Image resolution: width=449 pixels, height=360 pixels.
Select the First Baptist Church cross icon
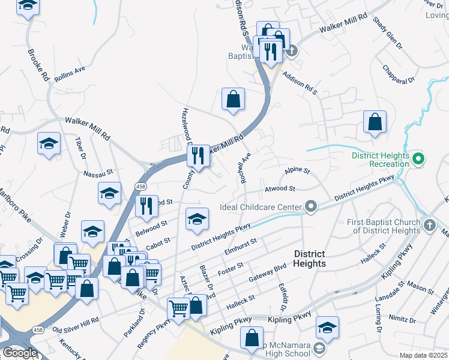[x=429, y=225]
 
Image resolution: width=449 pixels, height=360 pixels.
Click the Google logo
[x=20, y=352]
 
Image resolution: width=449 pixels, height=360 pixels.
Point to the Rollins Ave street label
[x=70, y=74]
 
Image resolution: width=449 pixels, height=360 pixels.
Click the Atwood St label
[x=280, y=189]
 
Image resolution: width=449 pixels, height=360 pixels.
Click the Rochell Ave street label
[x=245, y=164]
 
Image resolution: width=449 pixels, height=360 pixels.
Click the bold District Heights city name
[x=310, y=259]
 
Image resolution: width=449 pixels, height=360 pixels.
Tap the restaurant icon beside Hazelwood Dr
[x=197, y=156]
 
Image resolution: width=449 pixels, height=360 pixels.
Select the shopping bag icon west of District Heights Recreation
[x=375, y=122]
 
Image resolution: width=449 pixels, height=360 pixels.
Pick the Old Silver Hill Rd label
[x=76, y=326]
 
